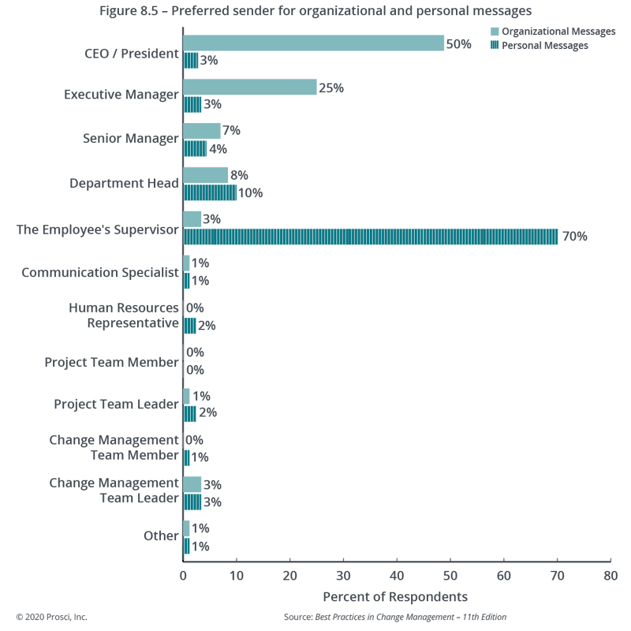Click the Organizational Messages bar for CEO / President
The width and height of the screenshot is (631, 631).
click(x=314, y=43)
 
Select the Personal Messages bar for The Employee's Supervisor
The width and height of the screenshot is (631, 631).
click(x=371, y=237)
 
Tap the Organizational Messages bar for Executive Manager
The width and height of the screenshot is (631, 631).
click(x=249, y=87)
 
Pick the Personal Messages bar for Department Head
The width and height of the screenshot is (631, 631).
click(x=209, y=192)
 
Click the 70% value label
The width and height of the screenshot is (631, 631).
click(x=575, y=237)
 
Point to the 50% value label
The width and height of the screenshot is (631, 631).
click(x=459, y=44)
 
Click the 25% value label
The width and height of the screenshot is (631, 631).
click(x=331, y=88)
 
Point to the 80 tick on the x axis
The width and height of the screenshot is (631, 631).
click(x=610, y=575)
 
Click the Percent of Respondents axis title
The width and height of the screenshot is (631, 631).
click(x=395, y=596)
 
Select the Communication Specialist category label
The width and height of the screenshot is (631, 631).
click(x=100, y=273)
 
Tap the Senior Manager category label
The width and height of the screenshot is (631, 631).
click(x=130, y=139)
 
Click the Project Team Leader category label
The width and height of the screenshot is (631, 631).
click(x=116, y=405)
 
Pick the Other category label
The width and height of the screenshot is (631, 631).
click(x=161, y=536)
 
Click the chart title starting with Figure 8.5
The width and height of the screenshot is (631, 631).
click(x=315, y=11)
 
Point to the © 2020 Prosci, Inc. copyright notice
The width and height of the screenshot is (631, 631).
click(x=51, y=616)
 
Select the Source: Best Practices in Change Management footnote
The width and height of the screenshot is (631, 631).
click(x=394, y=616)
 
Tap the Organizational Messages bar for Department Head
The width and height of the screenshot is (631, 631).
click(x=205, y=175)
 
